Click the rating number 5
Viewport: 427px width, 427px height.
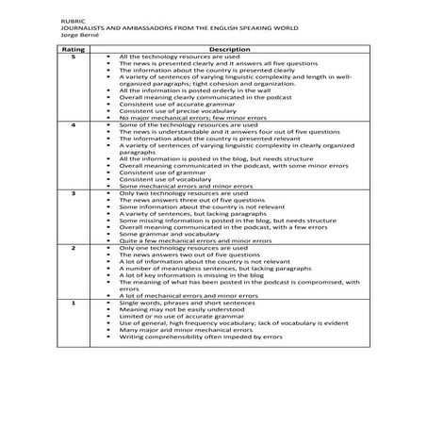coord(61,56)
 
